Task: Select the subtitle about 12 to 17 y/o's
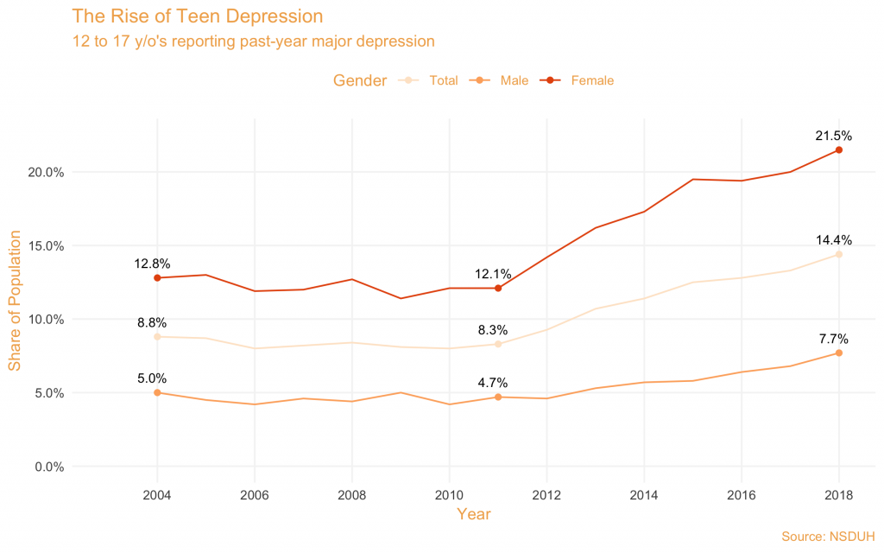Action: [253, 41]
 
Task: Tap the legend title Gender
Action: [360, 80]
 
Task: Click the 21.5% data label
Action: [834, 136]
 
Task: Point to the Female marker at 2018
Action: [838, 150]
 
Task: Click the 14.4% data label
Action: [834, 240]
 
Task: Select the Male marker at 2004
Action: [157, 392]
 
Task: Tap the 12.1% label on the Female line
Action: [493, 274]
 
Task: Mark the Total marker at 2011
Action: [498, 344]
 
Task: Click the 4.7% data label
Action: [493, 383]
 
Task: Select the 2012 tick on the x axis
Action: [546, 495]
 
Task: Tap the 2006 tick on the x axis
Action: [255, 495]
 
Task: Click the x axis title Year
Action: [474, 514]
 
